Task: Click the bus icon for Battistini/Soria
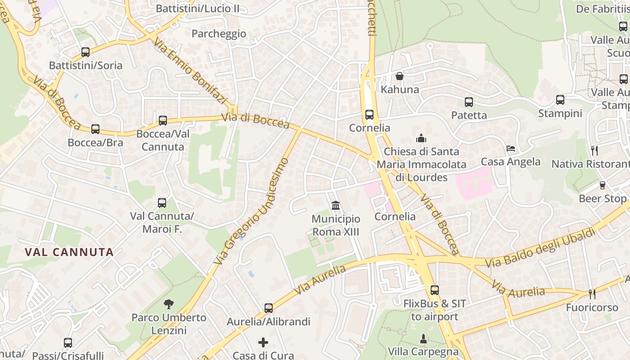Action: (85, 52)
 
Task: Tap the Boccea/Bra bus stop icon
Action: (95, 129)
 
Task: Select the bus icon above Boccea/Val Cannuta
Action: (163, 121)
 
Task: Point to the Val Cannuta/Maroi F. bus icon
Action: (162, 203)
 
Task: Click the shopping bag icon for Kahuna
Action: (399, 76)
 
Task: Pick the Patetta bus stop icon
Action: (469, 102)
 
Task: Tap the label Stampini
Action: (560, 113)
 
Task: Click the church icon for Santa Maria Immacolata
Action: (421, 138)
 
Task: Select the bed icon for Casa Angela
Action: (511, 148)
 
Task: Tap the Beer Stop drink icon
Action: (603, 185)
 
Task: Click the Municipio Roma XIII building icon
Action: (336, 206)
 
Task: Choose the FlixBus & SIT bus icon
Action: (434, 290)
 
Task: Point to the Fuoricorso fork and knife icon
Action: (592, 294)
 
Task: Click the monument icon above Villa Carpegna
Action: (423, 338)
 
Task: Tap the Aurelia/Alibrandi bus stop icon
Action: (269, 308)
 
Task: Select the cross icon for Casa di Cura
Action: (263, 342)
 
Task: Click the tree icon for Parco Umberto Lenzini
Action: (169, 304)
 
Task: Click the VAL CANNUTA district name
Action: (69, 252)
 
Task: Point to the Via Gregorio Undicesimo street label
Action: (251, 211)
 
